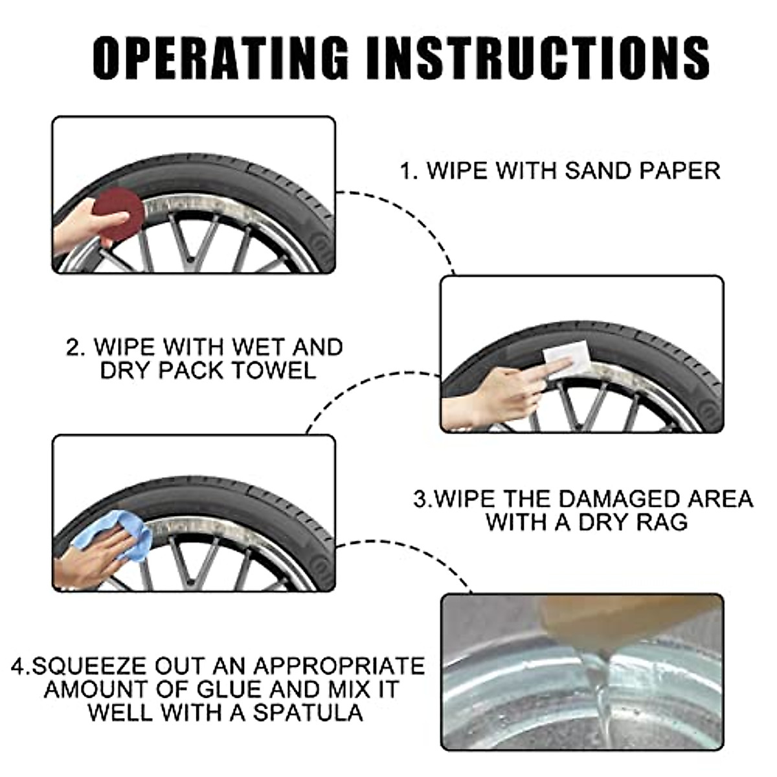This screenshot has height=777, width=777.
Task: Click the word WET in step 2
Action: click(x=254, y=347)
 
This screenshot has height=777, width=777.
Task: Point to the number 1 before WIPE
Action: click(x=406, y=172)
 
